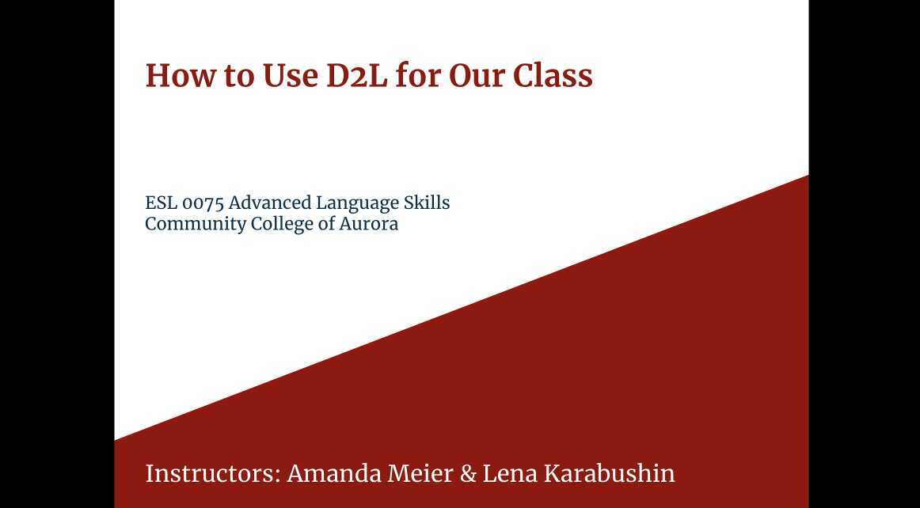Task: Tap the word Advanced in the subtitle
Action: (270, 203)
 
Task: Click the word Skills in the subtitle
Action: (427, 203)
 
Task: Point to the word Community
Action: (196, 224)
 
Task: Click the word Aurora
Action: (369, 224)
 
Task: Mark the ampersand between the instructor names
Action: (468, 473)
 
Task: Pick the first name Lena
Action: (509, 473)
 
